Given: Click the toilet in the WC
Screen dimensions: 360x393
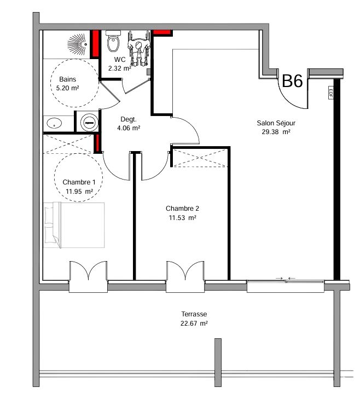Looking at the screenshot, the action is [x=113, y=41].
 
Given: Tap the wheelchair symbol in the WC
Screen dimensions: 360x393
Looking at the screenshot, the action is [x=139, y=48].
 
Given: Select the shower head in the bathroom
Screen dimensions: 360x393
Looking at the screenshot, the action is [x=78, y=44].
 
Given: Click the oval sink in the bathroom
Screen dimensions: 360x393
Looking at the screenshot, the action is [x=54, y=123].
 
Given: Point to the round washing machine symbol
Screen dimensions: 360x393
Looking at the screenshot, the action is [x=89, y=123].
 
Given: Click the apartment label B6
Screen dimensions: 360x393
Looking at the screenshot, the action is [x=292, y=81].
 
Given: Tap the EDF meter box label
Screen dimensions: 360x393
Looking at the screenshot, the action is [x=330, y=93].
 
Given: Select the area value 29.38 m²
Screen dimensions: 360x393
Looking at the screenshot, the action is [x=276, y=132].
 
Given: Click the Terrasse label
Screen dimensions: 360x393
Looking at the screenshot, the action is [x=194, y=314].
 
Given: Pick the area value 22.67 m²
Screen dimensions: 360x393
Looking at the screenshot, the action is [x=194, y=323].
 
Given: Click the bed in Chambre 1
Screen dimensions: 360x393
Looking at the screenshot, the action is [x=74, y=225].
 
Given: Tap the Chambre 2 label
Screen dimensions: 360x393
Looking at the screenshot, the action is [x=182, y=209].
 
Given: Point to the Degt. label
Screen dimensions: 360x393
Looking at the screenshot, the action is [x=129, y=119].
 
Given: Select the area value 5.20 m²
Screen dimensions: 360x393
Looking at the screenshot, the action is [x=68, y=88].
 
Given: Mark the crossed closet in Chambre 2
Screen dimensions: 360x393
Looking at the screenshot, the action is [x=200, y=158].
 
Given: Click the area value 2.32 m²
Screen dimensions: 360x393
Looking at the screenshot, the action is [x=120, y=68].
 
